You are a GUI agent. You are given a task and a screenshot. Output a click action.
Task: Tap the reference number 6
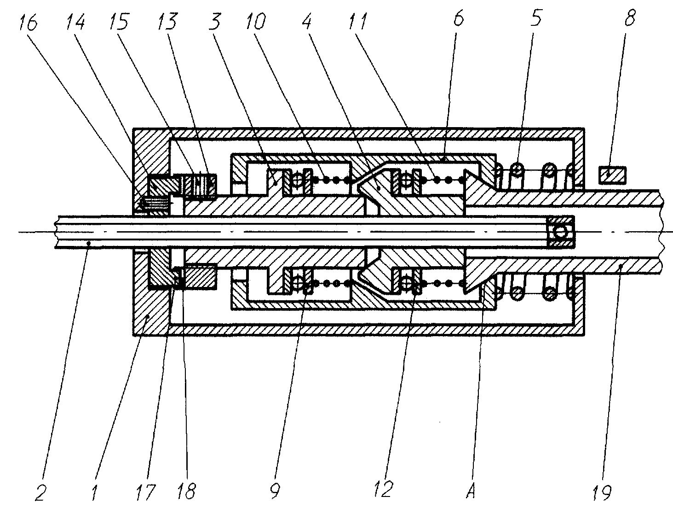pos(458,18)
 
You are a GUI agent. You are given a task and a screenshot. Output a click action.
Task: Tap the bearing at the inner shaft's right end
pos(561,232)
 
